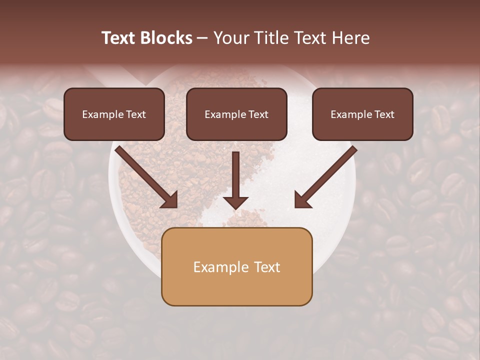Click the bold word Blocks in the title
(x=166, y=38)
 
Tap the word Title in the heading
(x=271, y=38)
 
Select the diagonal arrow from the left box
(x=145, y=176)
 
